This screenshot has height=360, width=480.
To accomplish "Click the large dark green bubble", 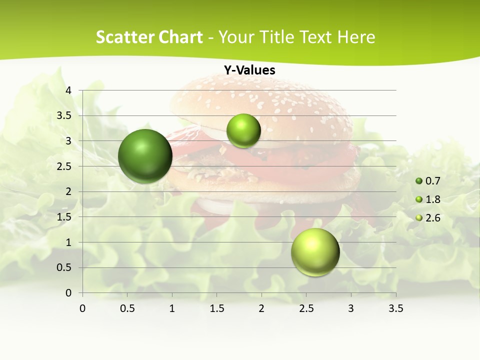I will (145, 156).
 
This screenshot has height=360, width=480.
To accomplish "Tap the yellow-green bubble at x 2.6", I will (315, 252).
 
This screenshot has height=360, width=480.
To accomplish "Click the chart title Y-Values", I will (249, 70).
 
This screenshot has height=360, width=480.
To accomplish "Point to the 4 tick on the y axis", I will (68, 90).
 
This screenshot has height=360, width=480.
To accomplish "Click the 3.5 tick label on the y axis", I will (64, 115).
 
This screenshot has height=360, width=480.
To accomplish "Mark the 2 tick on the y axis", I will (68, 191).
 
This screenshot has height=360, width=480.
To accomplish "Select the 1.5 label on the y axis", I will (64, 217).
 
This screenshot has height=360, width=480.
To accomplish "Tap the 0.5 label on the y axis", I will (64, 267).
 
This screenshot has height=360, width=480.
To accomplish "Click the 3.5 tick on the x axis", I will (395, 308).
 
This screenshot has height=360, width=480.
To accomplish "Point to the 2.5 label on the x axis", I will (306, 308).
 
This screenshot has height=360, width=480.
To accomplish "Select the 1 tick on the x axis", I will (172, 308).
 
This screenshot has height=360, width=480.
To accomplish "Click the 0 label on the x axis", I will (82, 308).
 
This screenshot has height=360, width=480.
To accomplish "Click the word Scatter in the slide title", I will (122, 37).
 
